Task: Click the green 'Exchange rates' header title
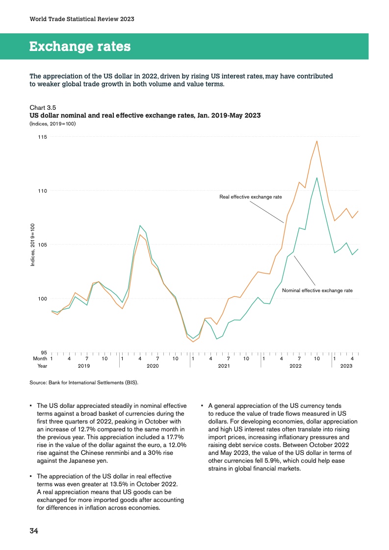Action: (80, 47)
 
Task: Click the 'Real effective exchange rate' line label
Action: (251, 197)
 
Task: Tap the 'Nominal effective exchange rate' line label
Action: (317, 291)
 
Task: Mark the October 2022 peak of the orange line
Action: (317, 141)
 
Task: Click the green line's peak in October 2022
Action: (317, 178)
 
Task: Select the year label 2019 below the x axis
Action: (84, 366)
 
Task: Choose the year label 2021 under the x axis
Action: (224, 366)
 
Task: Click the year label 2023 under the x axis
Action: (346, 366)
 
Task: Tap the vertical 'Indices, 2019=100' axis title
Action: (32, 245)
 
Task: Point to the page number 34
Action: (34, 530)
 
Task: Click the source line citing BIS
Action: (84, 383)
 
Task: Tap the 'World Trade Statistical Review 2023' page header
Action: (82, 19)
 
